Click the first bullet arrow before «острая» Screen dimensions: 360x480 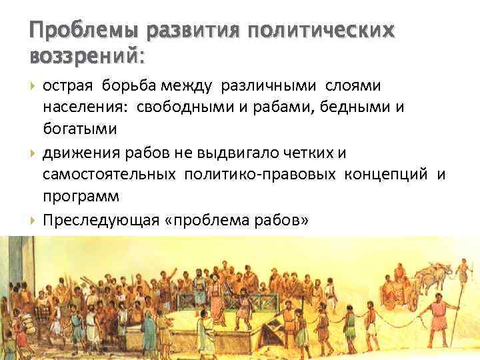click(x=33, y=86)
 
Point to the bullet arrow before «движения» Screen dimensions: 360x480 click(x=33, y=155)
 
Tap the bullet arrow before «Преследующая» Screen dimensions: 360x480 click(x=33, y=223)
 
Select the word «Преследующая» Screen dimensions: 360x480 click(x=99, y=221)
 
